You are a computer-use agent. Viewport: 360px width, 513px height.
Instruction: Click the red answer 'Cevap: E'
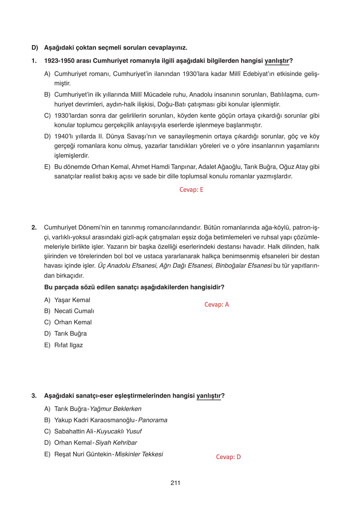point(191,190)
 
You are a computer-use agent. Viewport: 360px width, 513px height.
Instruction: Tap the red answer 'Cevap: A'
point(216,305)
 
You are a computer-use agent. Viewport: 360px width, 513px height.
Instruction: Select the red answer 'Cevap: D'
point(228,457)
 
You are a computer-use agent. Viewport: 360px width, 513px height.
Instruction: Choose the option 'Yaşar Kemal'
point(72,300)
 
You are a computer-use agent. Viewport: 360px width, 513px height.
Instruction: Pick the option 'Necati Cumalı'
point(74,311)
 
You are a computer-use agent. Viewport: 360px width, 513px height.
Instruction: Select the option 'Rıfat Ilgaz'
point(68,345)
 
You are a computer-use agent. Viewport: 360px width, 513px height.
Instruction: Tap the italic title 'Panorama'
point(153,420)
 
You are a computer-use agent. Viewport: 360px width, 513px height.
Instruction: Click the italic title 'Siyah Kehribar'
point(116,443)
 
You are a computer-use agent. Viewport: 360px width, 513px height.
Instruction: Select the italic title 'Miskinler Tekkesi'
point(139,454)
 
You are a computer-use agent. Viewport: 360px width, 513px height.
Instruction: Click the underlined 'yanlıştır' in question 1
point(277,61)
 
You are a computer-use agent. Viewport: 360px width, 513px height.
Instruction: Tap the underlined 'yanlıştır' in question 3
point(209,396)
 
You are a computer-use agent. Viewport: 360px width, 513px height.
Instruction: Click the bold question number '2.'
point(34,227)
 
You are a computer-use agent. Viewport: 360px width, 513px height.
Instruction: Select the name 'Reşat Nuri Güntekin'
point(83,454)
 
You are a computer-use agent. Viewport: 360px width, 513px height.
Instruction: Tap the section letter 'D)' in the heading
point(35,48)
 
